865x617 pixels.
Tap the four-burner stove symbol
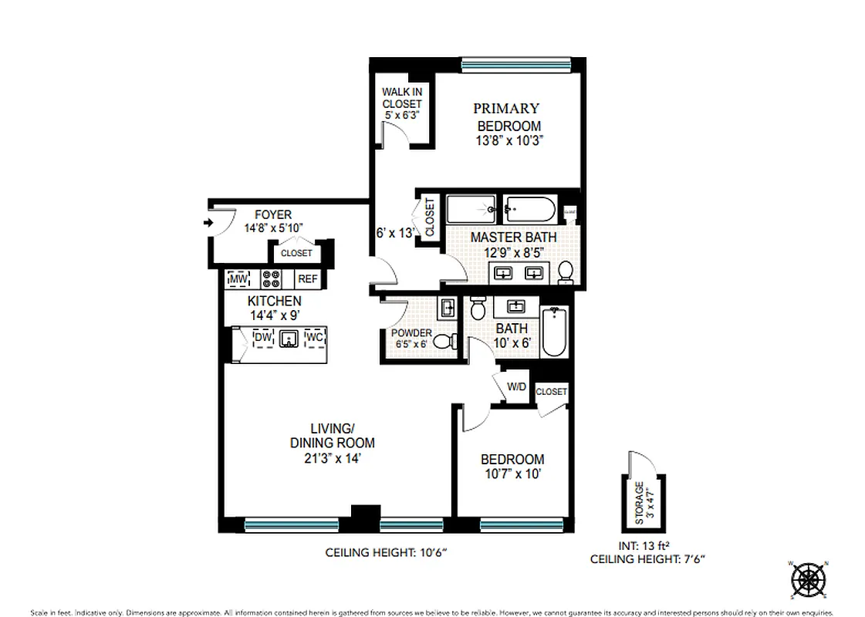(x=272, y=278)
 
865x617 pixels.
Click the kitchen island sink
(x=289, y=339)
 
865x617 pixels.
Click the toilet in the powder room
(x=442, y=342)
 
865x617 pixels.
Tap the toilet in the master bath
(x=566, y=271)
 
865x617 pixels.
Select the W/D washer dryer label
(x=516, y=387)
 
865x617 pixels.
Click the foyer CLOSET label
(x=296, y=253)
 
